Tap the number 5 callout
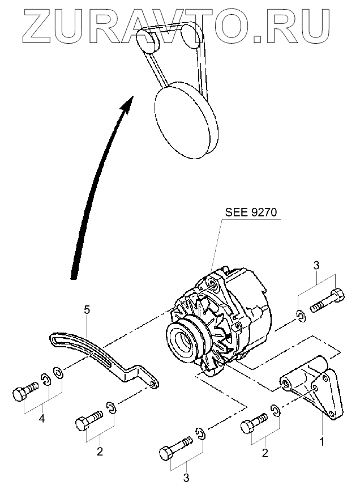coord(87,310)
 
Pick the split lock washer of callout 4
coord(45,380)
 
